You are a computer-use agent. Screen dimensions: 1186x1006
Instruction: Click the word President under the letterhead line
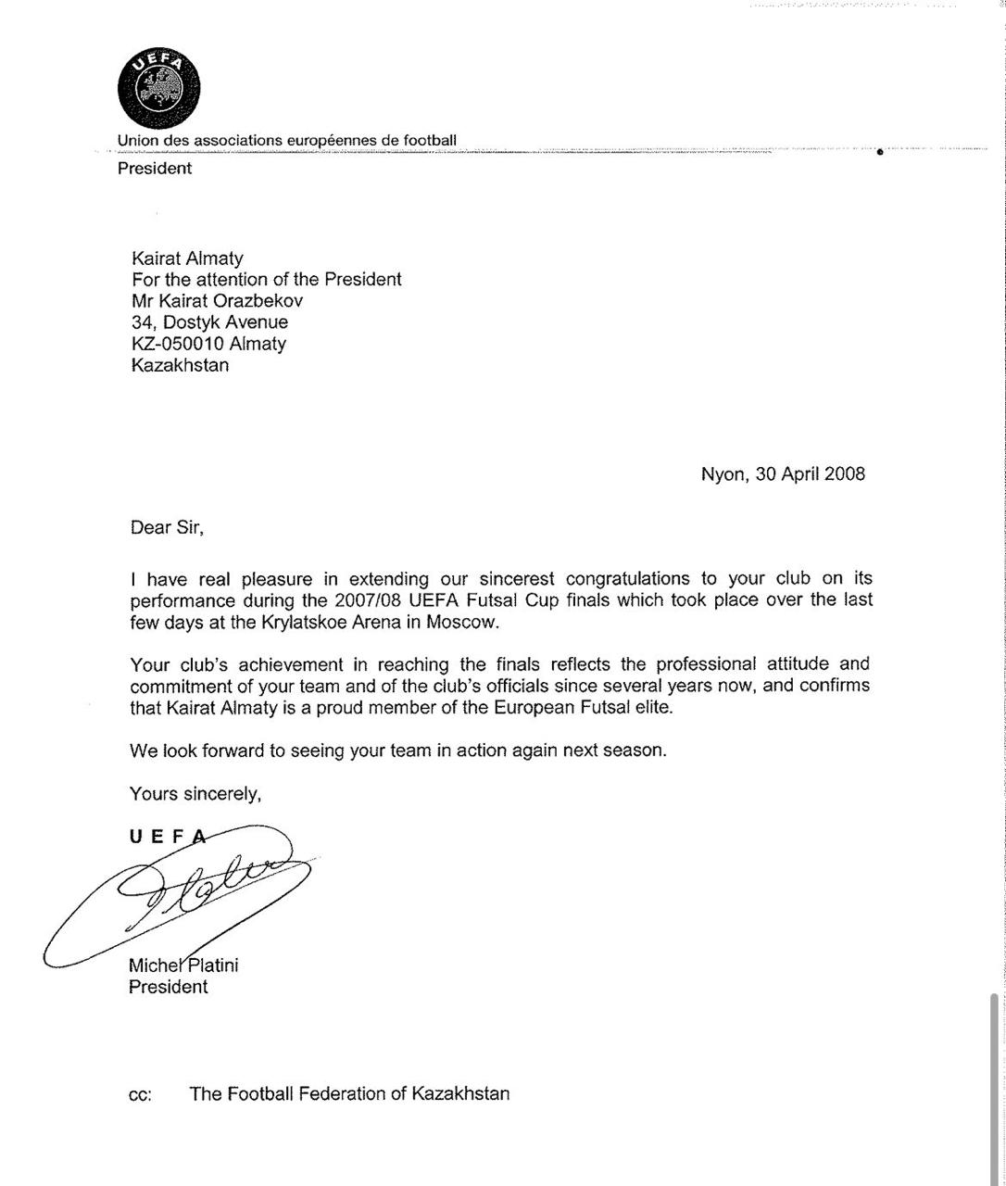(155, 169)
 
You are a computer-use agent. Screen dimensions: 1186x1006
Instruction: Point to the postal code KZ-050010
(178, 344)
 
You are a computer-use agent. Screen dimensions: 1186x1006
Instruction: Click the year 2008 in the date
(844, 474)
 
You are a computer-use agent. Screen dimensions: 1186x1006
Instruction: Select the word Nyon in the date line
(723, 474)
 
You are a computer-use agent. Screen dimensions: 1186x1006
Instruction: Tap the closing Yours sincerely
(195, 794)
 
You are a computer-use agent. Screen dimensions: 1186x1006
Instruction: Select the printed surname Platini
(209, 965)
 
